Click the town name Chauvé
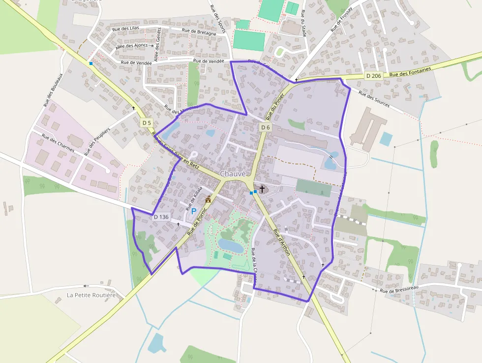pyautogui.click(x=233, y=173)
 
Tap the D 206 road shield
pyautogui.click(x=374, y=76)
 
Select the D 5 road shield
pyautogui.click(x=146, y=122)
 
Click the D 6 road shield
pyautogui.click(x=265, y=127)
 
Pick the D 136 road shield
pyautogui.click(x=161, y=217)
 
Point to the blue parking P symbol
pyautogui.click(x=193, y=211)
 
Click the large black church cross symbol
pyautogui.click(x=262, y=189)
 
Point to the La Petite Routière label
pyautogui.click(x=91, y=296)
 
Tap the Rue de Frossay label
pyautogui.click(x=343, y=20)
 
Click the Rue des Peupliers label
pyautogui.click(x=99, y=139)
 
